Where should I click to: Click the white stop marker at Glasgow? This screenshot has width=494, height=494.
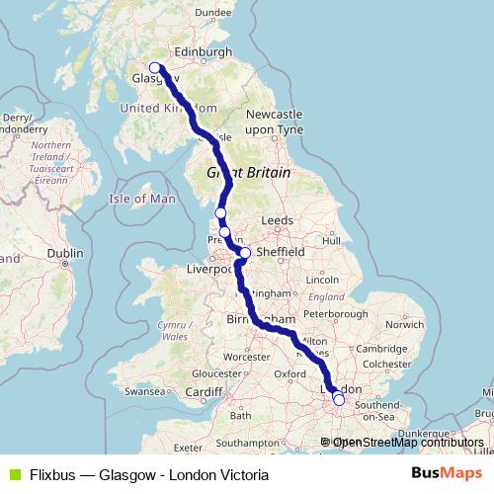(154, 69)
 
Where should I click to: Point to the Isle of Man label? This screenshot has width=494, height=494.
(142, 199)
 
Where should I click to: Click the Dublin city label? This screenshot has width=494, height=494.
(64, 253)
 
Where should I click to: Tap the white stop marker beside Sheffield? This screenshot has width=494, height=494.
(246, 252)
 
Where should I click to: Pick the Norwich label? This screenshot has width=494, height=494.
(404, 323)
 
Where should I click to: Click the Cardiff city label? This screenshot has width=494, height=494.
(205, 392)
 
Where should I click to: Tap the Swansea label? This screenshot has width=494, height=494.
(144, 392)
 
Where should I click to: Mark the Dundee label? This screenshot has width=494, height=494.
(212, 12)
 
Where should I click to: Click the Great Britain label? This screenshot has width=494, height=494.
(248, 172)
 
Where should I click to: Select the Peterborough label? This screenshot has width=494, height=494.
(335, 313)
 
